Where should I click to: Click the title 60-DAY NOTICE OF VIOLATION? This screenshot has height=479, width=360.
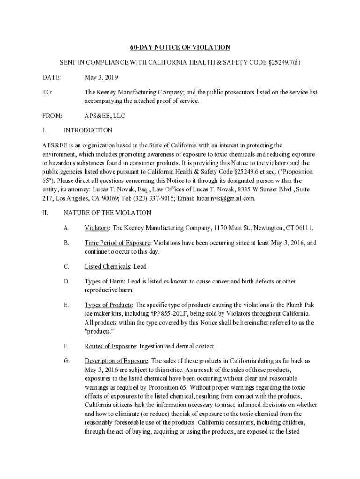(x=180, y=47)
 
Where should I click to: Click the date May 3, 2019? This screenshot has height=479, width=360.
(x=101, y=77)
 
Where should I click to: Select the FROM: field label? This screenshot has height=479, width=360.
(x=52, y=116)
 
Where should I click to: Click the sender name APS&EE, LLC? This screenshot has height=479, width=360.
(x=105, y=116)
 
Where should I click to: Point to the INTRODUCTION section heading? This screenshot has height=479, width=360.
(x=88, y=131)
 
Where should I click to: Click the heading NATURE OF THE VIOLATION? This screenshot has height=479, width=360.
(x=107, y=213)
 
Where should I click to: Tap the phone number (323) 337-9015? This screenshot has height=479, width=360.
(x=131, y=198)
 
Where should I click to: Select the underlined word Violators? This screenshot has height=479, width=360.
(x=97, y=228)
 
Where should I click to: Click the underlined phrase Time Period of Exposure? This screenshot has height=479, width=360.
(x=117, y=243)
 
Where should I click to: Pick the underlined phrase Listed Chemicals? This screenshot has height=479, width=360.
(x=107, y=267)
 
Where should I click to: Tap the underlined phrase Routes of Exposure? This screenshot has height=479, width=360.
(x=110, y=347)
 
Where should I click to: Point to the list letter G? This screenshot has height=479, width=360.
(x=66, y=361)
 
